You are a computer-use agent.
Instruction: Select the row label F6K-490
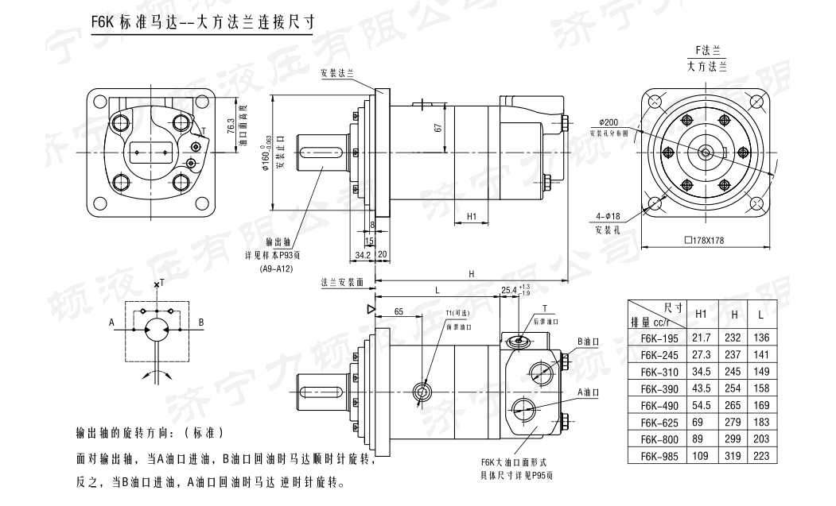tap(658, 404)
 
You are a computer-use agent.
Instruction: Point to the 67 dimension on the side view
tap(437, 129)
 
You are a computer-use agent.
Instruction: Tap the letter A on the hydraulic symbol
tap(112, 323)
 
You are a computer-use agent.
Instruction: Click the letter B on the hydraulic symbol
tap(201, 323)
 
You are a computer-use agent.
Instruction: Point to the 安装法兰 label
tap(336, 72)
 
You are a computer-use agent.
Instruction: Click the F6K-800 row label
tap(658, 438)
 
